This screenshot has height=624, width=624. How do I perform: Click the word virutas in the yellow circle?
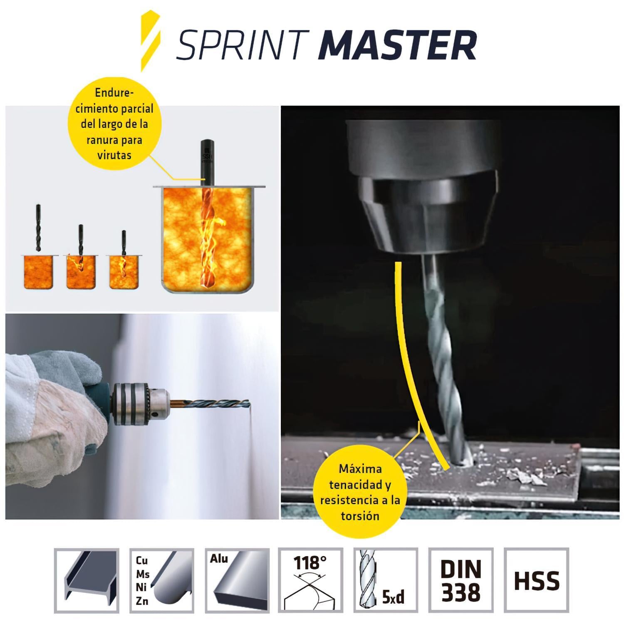[x=114, y=156]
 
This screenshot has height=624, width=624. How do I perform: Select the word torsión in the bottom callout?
[x=360, y=516]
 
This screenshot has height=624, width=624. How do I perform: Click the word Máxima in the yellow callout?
[x=360, y=469]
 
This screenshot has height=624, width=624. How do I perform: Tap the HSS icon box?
[x=536, y=581]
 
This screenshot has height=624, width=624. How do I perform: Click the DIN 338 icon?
[x=461, y=581]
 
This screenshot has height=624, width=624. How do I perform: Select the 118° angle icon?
[x=310, y=581]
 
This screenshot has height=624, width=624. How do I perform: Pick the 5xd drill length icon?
[x=386, y=581]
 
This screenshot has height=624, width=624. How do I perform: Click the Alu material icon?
[x=237, y=581]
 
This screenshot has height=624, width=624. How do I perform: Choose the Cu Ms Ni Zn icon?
[x=162, y=581]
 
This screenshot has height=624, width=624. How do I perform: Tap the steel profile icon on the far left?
[x=87, y=581]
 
